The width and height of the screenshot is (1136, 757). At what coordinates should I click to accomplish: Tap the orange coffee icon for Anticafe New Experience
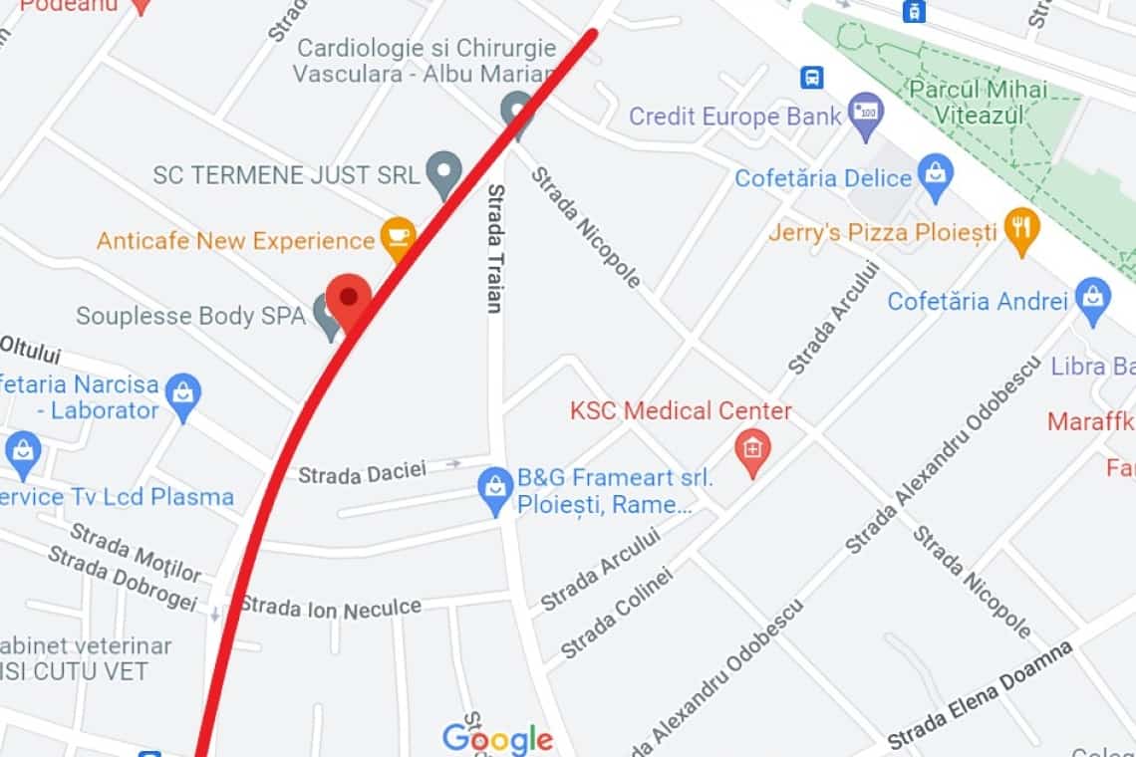point(399,237)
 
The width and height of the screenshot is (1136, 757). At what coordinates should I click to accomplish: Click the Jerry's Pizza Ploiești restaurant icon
point(1022,228)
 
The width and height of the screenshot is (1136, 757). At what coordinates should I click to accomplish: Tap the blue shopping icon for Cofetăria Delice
point(935,174)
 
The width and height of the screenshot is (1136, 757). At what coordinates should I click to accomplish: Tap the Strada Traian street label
point(494,248)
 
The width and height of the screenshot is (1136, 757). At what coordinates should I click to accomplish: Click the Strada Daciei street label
point(362,471)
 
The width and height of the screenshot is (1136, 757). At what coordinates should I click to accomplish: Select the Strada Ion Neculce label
point(330,606)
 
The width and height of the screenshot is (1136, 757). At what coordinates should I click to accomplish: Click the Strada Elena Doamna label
point(980,694)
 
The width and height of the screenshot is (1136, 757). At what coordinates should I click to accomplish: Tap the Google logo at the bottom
point(496,739)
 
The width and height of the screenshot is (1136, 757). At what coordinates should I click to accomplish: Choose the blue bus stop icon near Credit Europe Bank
point(812,77)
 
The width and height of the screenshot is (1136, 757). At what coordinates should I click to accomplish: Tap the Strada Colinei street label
point(617,614)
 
